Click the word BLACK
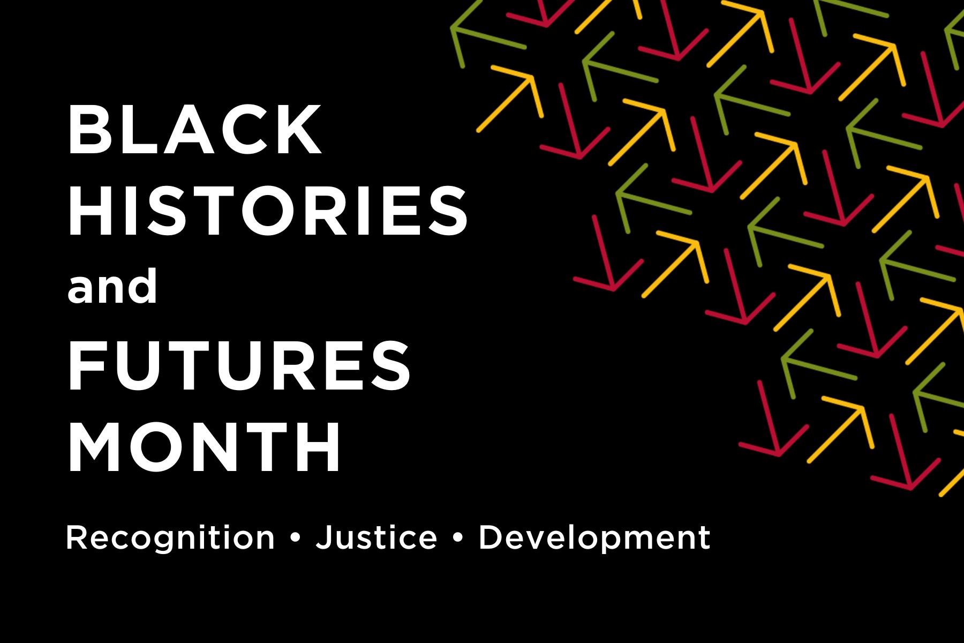tap(195, 130)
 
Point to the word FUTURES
tap(239, 365)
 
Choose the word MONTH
tap(204, 446)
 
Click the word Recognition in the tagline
tap(170, 538)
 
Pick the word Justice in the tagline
tap(376, 537)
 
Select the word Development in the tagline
tap(594, 538)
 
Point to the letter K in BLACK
tap(300, 130)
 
